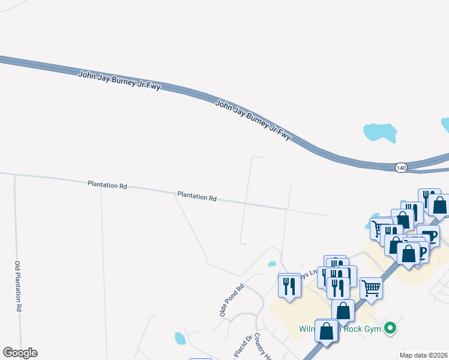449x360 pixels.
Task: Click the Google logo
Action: click(x=20, y=353)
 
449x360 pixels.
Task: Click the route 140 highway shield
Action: click(x=401, y=168)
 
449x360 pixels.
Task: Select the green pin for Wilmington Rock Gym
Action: click(x=391, y=328)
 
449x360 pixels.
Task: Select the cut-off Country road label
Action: click(x=263, y=347)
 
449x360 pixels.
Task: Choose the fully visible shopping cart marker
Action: click(x=371, y=288)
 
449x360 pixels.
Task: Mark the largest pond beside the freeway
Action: click(x=380, y=132)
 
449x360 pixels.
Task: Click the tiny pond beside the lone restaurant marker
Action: click(x=272, y=263)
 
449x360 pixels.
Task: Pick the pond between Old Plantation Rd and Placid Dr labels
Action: click(x=179, y=338)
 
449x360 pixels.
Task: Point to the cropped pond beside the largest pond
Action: click(x=445, y=125)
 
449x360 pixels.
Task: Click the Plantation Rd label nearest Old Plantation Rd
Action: click(x=107, y=185)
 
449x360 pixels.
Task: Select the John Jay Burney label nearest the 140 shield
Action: click(x=253, y=120)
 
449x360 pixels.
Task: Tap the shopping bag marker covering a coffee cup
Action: click(x=409, y=253)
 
